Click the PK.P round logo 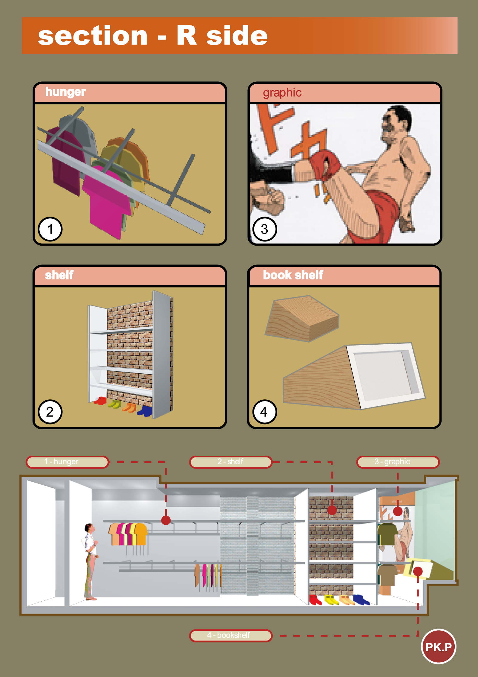438,646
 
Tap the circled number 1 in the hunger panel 50,229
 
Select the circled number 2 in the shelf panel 50,412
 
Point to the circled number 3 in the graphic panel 265,229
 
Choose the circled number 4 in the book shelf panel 265,412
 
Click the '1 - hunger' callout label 68,462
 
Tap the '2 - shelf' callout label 231,462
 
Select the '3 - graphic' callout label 398,462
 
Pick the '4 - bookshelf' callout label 231,635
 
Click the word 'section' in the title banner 93,36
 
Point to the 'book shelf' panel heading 293,275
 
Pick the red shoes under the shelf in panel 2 100,401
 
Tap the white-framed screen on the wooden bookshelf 386,375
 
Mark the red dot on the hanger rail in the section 166,520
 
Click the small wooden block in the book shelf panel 302,319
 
